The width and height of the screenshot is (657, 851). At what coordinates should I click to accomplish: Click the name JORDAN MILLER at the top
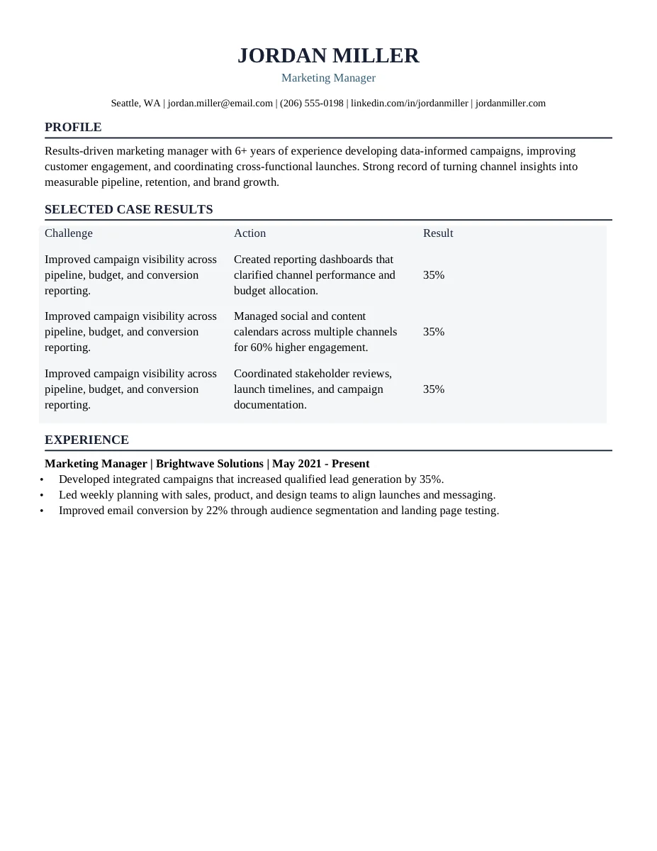click(328, 55)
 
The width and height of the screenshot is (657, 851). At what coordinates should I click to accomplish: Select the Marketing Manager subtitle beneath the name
click(328, 78)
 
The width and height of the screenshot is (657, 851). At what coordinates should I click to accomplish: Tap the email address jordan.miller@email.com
click(220, 104)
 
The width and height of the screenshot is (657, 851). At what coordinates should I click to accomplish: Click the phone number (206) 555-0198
click(311, 104)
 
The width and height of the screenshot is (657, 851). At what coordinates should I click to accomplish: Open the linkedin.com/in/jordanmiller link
click(409, 104)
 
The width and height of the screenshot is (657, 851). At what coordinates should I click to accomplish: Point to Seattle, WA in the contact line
click(135, 104)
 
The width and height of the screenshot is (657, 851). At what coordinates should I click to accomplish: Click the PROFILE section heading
click(73, 128)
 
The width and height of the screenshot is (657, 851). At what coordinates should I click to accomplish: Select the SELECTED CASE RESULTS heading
click(128, 210)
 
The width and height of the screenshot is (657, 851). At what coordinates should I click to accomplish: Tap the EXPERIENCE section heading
click(86, 440)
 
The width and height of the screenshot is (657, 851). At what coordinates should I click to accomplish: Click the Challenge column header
click(69, 233)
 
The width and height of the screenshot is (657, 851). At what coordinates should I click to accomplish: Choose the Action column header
click(249, 233)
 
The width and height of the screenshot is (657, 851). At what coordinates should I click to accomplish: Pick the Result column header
click(438, 233)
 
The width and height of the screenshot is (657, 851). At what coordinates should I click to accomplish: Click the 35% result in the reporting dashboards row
click(434, 275)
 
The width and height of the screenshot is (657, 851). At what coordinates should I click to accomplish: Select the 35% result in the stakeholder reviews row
click(434, 389)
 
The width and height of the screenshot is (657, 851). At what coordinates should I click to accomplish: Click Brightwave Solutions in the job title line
click(209, 464)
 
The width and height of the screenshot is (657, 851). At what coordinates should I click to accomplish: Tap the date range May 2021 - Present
click(320, 464)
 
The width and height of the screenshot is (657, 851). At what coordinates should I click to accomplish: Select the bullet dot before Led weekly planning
click(42, 496)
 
